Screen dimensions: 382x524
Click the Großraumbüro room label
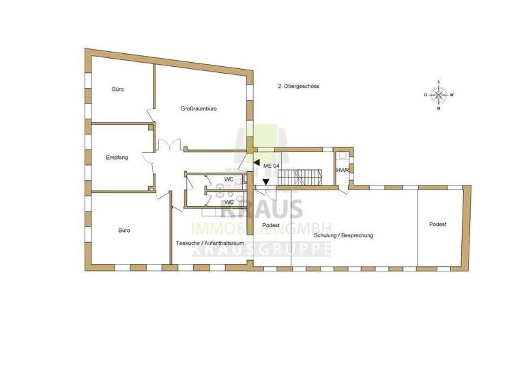click(x=199, y=109)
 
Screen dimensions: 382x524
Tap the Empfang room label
click(x=117, y=158)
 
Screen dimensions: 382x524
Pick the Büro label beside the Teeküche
click(x=124, y=231)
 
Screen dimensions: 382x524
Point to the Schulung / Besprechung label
click(x=343, y=235)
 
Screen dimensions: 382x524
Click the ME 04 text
click(x=272, y=166)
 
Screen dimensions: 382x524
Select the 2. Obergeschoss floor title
click(x=298, y=87)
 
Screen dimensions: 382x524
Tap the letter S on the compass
click(x=439, y=83)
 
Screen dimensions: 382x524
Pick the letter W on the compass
click(x=452, y=95)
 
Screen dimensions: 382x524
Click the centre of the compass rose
click(x=439, y=95)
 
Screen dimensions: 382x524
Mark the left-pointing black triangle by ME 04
click(x=257, y=164)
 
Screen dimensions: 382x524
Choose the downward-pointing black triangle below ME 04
click(x=265, y=181)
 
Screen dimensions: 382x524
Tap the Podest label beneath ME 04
click(x=272, y=225)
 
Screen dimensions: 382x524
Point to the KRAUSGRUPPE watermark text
click(x=263, y=249)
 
